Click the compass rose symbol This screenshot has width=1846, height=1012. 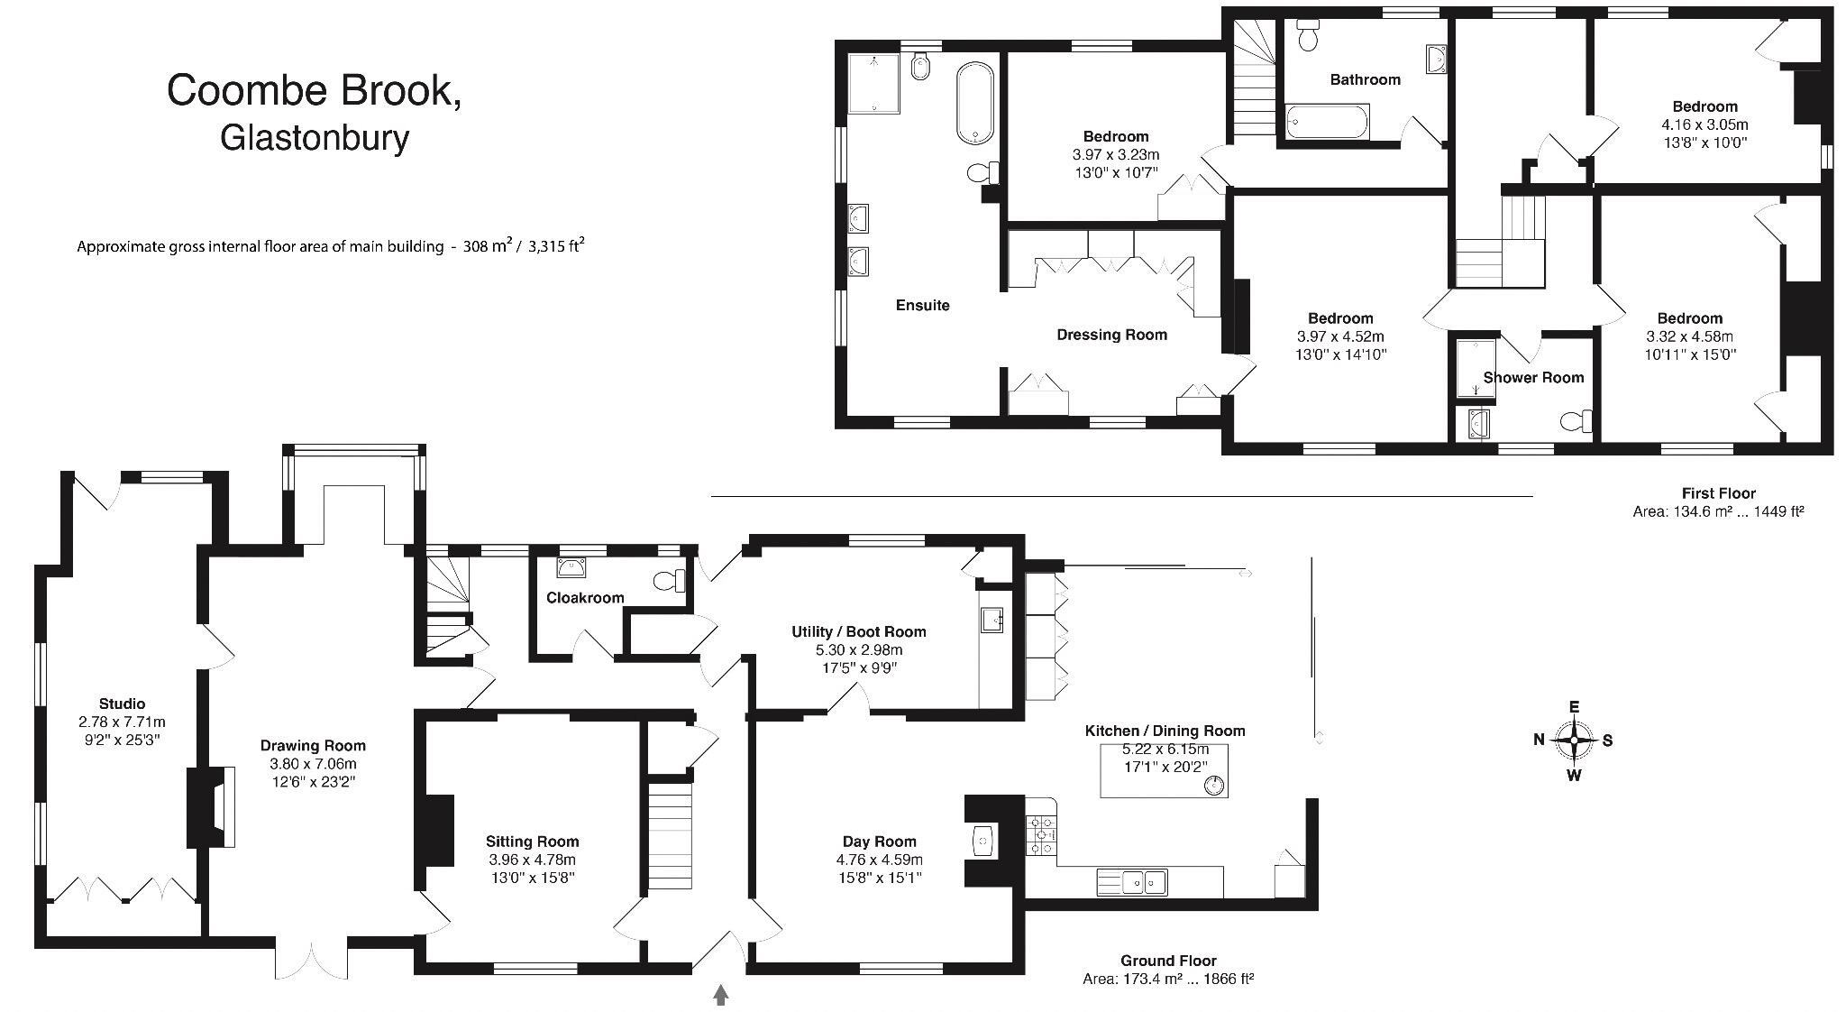pos(1574,741)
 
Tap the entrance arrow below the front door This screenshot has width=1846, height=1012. pos(720,995)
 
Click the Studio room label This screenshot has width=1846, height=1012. pos(122,704)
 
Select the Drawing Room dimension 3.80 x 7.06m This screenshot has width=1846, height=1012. pos(314,764)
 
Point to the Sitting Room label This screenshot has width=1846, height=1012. pos(532,842)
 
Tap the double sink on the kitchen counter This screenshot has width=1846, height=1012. pos(1132,881)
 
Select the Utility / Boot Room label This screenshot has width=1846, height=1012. pos(858,631)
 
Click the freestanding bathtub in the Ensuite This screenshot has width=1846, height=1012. pos(974,102)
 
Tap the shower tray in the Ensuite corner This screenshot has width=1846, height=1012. pos(873,83)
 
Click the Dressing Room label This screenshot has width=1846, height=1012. pos(1111,335)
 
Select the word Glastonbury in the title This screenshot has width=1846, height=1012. pos(315,137)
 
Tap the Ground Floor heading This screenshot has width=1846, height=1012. pos(1168,961)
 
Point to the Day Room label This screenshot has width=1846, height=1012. pos(879,842)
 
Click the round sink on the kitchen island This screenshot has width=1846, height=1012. pos(1213,785)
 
